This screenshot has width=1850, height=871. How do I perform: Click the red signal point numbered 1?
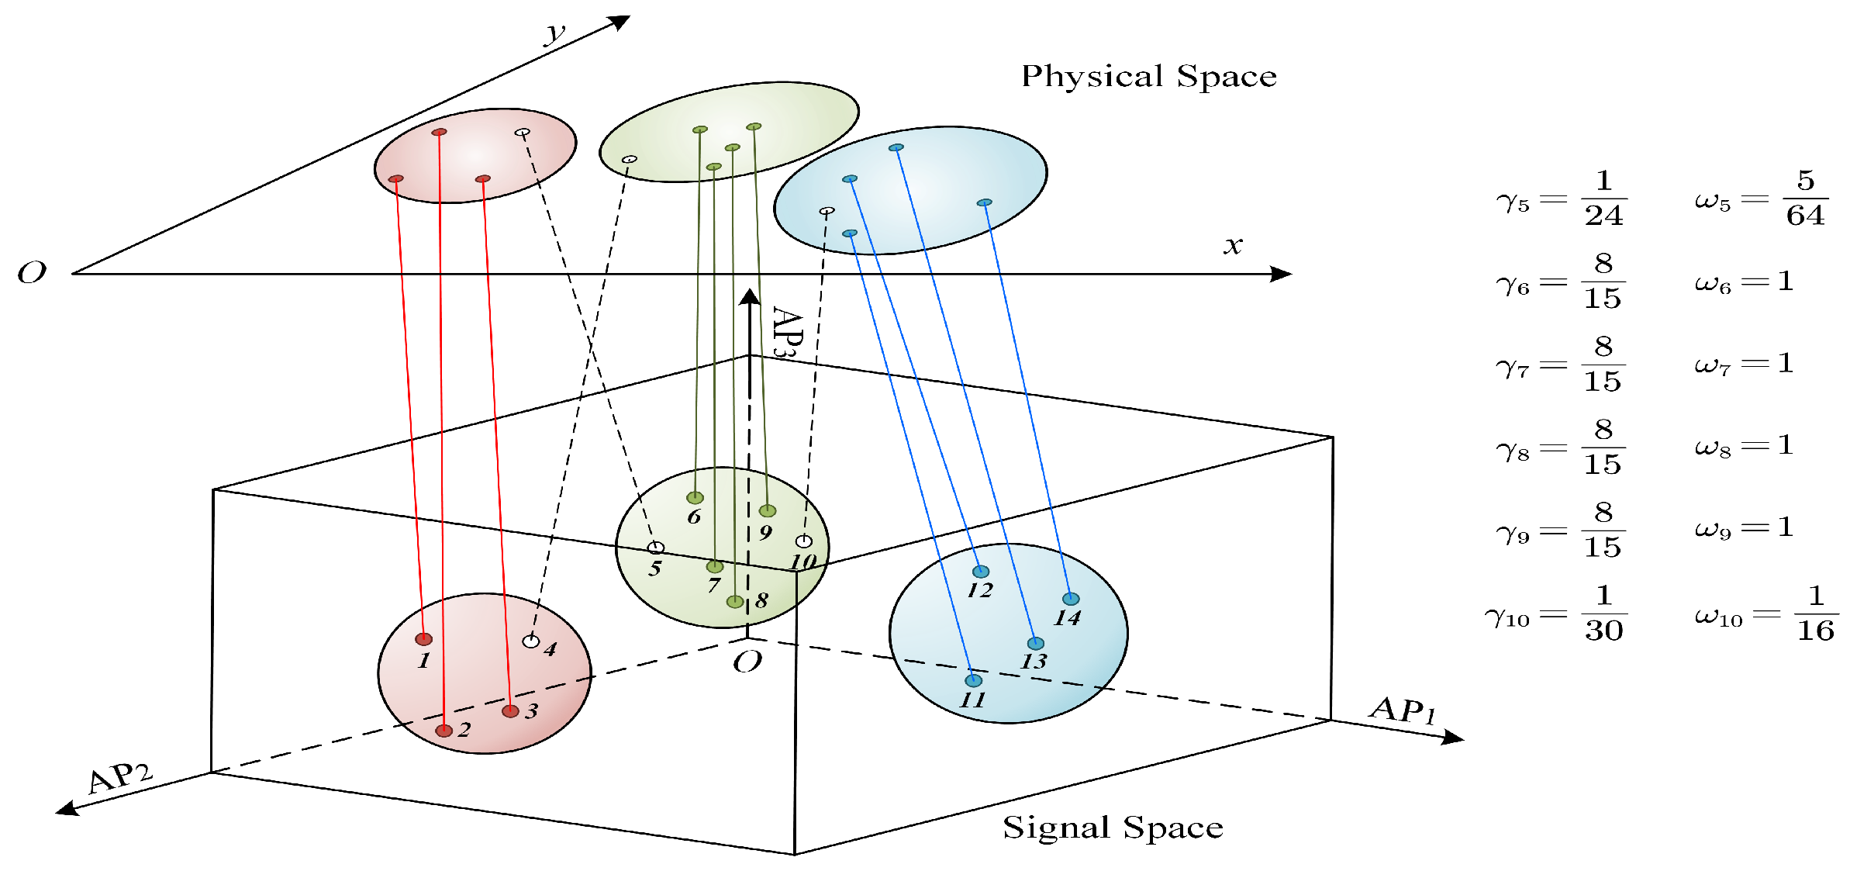click(x=423, y=639)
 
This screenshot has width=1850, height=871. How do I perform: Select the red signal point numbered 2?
click(x=444, y=731)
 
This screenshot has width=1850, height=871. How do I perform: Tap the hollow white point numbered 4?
click(x=531, y=641)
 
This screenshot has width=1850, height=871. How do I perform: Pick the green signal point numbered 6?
click(x=695, y=498)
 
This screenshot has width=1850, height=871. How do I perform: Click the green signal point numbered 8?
click(x=735, y=602)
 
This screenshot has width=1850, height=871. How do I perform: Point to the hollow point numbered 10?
click(x=804, y=541)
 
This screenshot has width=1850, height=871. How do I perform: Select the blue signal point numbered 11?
click(x=974, y=681)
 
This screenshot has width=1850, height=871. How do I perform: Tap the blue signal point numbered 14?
click(x=1071, y=599)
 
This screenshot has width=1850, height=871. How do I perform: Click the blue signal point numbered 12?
click(x=981, y=572)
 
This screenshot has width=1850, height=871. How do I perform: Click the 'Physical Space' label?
click(x=1148, y=76)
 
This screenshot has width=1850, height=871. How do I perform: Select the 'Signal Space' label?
click(x=1113, y=828)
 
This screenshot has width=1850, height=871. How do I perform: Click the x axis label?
click(x=1233, y=246)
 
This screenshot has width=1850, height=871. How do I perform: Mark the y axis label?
click(x=555, y=33)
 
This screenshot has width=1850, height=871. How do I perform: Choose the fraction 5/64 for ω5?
click(x=1806, y=198)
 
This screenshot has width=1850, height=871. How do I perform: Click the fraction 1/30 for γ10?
click(x=1603, y=613)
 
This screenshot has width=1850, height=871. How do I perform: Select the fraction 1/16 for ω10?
click(x=1816, y=613)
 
